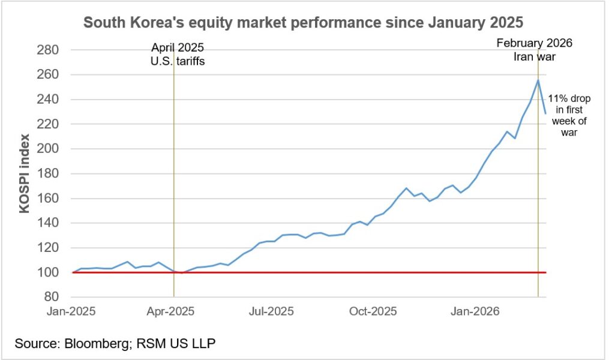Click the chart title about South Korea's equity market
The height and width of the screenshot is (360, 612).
point(304,23)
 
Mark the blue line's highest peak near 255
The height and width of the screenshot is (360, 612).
point(538,80)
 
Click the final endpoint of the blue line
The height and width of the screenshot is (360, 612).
point(545,113)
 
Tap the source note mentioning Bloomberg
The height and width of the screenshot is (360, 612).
point(115,344)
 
